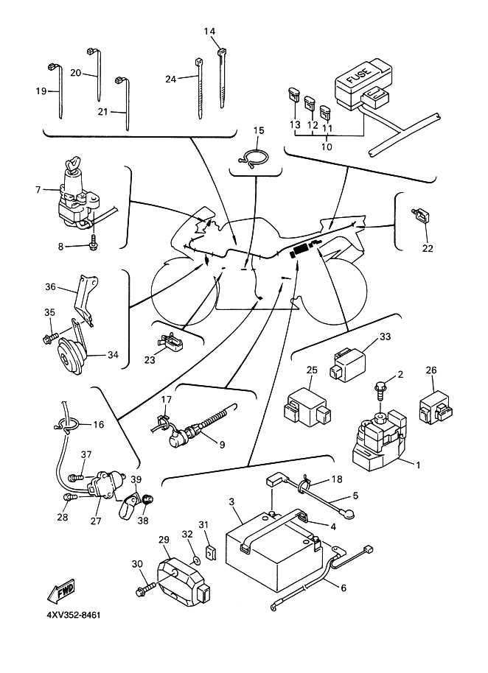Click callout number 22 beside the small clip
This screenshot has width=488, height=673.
point(428,247)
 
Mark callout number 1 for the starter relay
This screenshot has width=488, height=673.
point(418,465)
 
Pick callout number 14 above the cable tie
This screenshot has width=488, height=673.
point(210,32)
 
